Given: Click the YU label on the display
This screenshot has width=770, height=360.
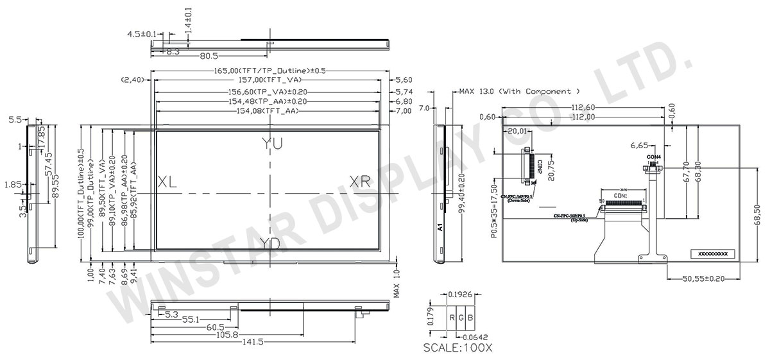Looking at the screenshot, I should point(271,144).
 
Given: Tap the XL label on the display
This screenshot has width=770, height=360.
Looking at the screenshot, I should point(167,182).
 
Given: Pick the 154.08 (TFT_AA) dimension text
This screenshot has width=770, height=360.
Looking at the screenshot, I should point(270,112).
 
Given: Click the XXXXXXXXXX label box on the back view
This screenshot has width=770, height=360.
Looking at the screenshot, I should point(712,254).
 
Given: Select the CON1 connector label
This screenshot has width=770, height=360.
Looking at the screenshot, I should point(620,195).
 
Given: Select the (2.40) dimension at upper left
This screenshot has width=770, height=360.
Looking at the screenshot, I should point(132,80).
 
